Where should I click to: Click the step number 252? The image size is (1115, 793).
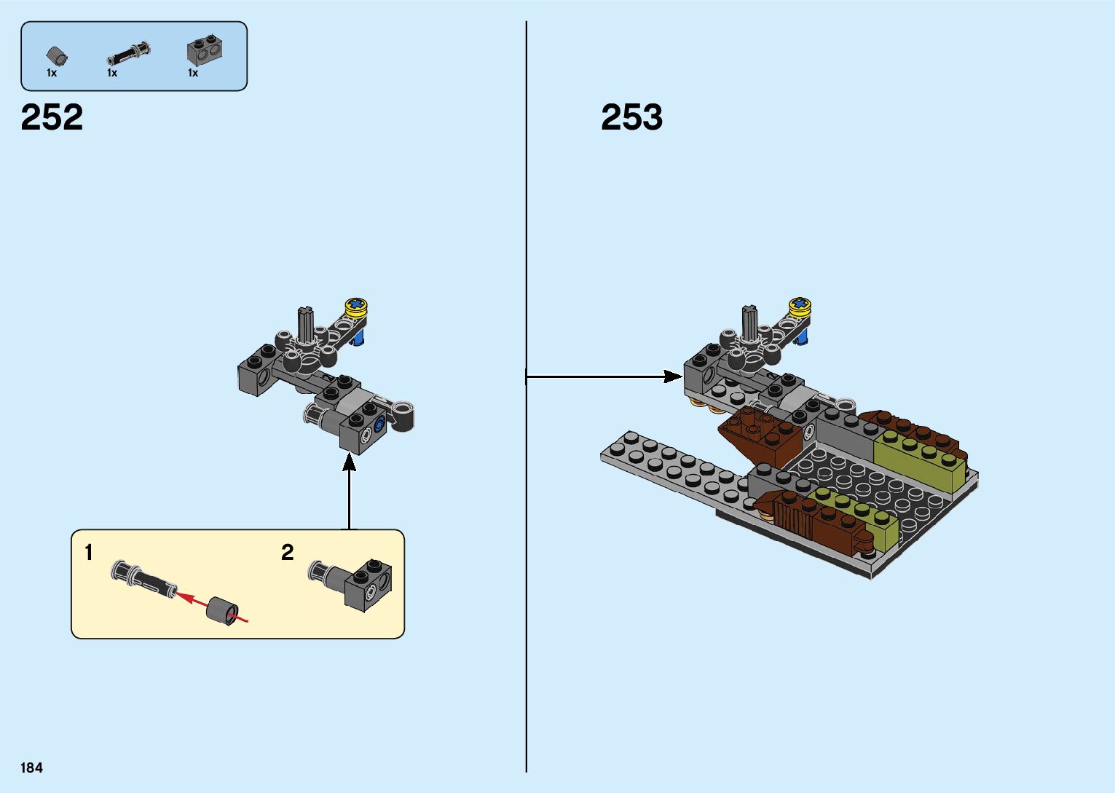pyautogui.click(x=52, y=117)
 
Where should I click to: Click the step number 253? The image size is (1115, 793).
pyautogui.click(x=631, y=117)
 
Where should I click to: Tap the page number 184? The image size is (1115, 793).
pyautogui.click(x=32, y=768)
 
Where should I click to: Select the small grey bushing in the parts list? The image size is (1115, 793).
pyautogui.click(x=56, y=55)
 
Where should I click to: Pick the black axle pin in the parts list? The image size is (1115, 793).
pyautogui.click(x=129, y=53)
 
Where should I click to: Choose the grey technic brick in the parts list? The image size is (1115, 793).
pyautogui.click(x=205, y=50)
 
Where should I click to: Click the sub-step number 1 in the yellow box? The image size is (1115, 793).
pyautogui.click(x=89, y=553)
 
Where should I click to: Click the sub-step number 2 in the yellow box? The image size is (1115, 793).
pyautogui.click(x=288, y=553)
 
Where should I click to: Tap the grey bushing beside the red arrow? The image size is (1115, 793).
pyautogui.click(x=223, y=610)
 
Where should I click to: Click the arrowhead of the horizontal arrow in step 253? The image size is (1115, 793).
pyautogui.click(x=674, y=376)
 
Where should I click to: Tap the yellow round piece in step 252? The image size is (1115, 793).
pyautogui.click(x=356, y=307)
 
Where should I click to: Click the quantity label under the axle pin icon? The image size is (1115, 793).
pyautogui.click(x=112, y=73)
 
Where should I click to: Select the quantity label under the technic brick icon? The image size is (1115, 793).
pyautogui.click(x=193, y=73)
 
